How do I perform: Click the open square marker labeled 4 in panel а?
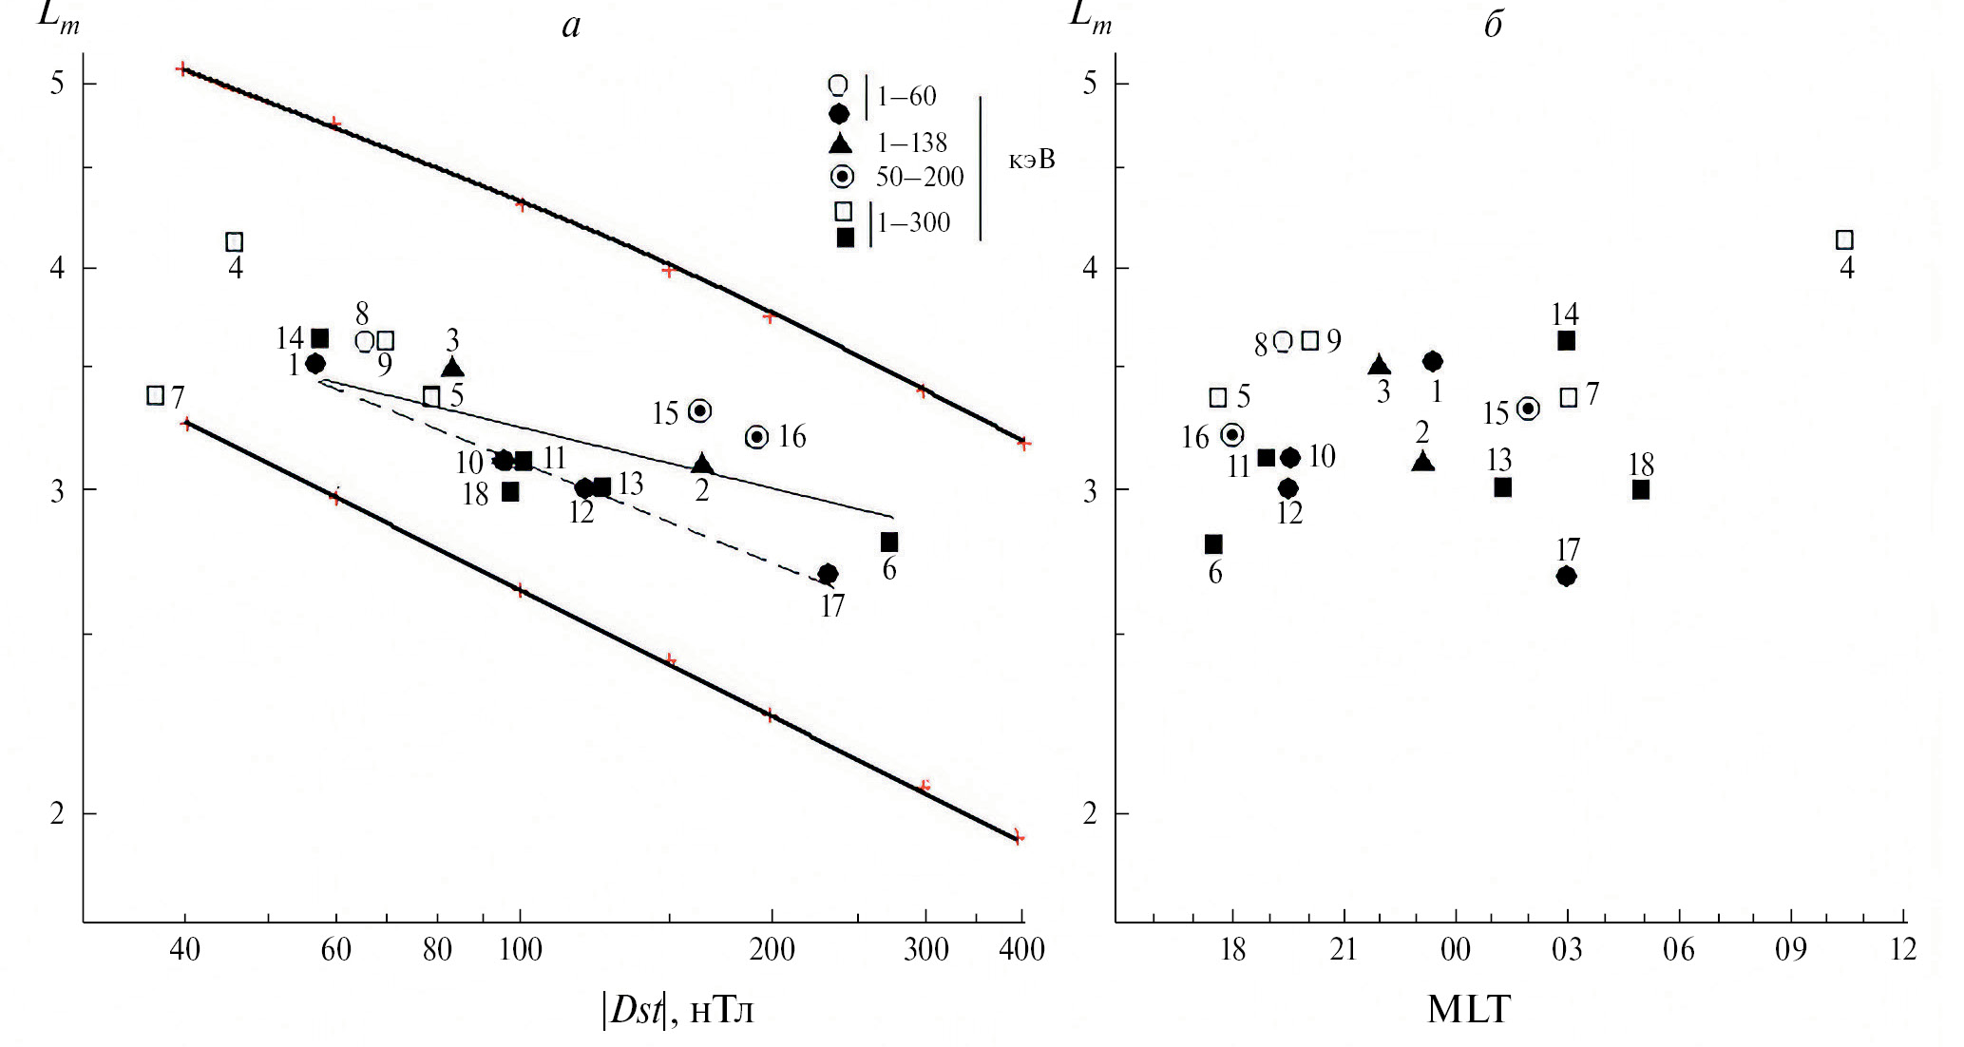click(x=235, y=242)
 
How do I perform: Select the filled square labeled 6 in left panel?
click(x=889, y=543)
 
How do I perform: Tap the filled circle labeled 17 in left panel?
click(x=829, y=574)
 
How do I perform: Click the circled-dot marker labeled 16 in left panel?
click(x=757, y=437)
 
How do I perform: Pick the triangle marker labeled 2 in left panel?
click(x=702, y=465)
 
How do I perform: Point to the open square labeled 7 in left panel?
click(x=156, y=395)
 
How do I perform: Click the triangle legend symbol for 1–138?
click(x=840, y=143)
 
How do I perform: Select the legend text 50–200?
click(x=919, y=177)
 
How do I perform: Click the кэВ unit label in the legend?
click(x=1032, y=160)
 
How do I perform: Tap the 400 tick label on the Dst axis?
click(x=1022, y=949)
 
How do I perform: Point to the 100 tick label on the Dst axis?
click(x=521, y=949)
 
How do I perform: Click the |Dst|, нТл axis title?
click(x=677, y=1010)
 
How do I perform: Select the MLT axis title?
click(x=1468, y=1010)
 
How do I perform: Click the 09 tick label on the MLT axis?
click(x=1791, y=949)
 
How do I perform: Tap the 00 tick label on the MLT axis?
click(x=1456, y=949)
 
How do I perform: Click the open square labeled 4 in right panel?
click(x=1845, y=240)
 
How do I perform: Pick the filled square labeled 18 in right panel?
click(x=1641, y=490)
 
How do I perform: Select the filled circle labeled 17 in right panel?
click(x=1567, y=576)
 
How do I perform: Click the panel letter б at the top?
click(x=1494, y=25)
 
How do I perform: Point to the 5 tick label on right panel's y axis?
click(x=1090, y=84)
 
